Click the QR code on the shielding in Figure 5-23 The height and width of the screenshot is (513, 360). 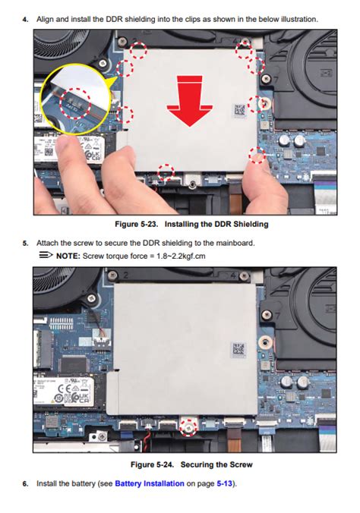tap(239, 110)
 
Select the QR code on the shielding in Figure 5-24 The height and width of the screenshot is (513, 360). tap(238, 349)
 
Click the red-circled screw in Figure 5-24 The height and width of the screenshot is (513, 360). tap(188, 427)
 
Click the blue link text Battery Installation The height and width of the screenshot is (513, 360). tap(150, 483)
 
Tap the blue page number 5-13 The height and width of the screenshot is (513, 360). tap(224, 483)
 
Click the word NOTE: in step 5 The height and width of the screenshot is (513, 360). tap(68, 256)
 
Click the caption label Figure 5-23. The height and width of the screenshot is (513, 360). tap(136, 224)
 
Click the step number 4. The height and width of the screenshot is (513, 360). tap(25, 19)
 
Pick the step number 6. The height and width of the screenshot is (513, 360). tap(25, 483)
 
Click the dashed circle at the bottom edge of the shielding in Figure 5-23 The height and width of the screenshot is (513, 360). tap(166, 172)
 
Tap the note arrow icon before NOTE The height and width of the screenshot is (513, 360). tap(46, 255)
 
